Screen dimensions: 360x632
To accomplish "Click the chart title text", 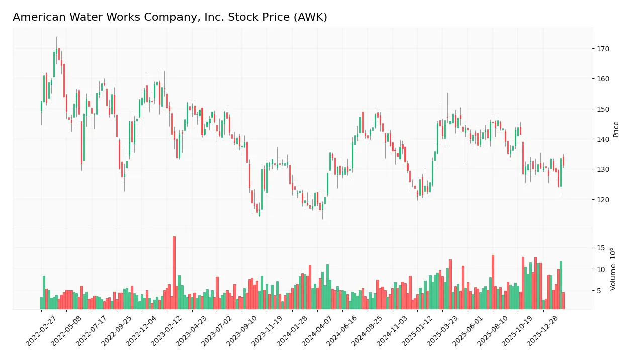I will [x=169, y=17].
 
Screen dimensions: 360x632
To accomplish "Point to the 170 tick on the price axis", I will [x=603, y=49].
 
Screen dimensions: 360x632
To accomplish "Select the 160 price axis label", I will [x=603, y=79].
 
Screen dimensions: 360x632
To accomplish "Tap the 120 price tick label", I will [x=603, y=200].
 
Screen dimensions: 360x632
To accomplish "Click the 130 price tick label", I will [x=603, y=169].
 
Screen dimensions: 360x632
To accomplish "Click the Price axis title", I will [x=616, y=129].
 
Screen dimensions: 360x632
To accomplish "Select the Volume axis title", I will [x=613, y=269].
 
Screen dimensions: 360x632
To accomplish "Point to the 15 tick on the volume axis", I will [x=601, y=248].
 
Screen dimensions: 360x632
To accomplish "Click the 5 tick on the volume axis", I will [x=599, y=291].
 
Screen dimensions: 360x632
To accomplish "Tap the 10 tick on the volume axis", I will [x=601, y=269].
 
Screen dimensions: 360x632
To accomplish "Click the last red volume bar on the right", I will [x=563, y=301].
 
